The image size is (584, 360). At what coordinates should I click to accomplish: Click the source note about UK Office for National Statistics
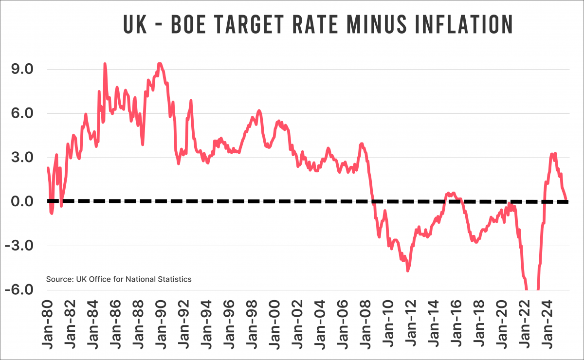[x=119, y=279]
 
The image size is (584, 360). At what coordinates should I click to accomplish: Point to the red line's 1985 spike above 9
[x=105, y=64]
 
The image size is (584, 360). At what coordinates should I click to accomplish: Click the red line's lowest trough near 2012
[x=408, y=270]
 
